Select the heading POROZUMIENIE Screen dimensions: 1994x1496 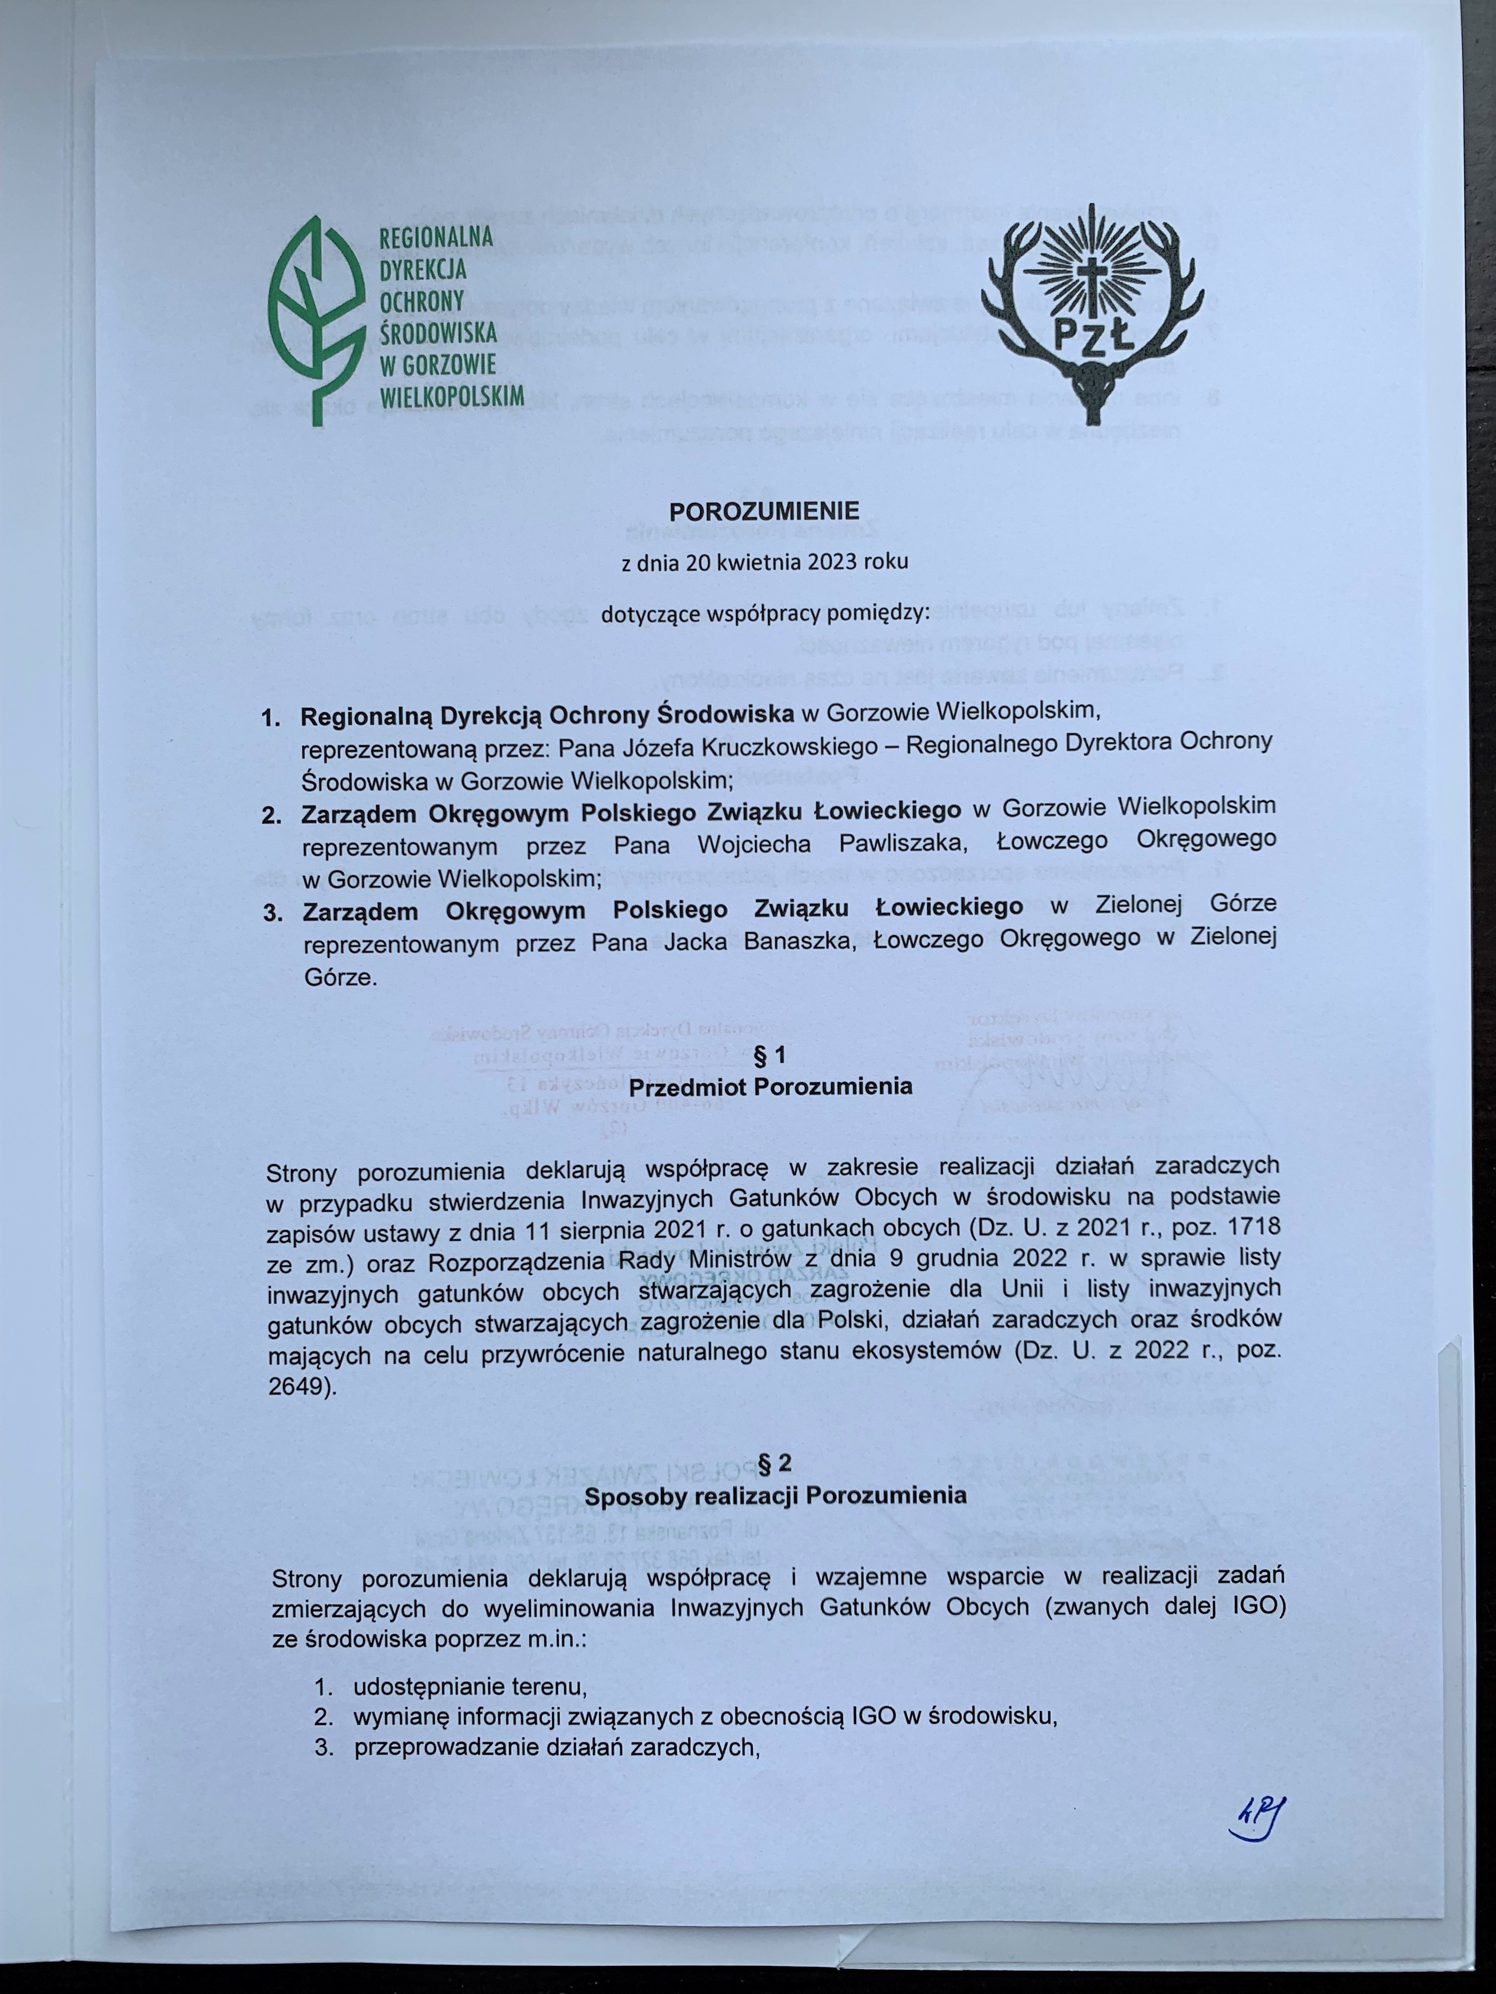(765, 512)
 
